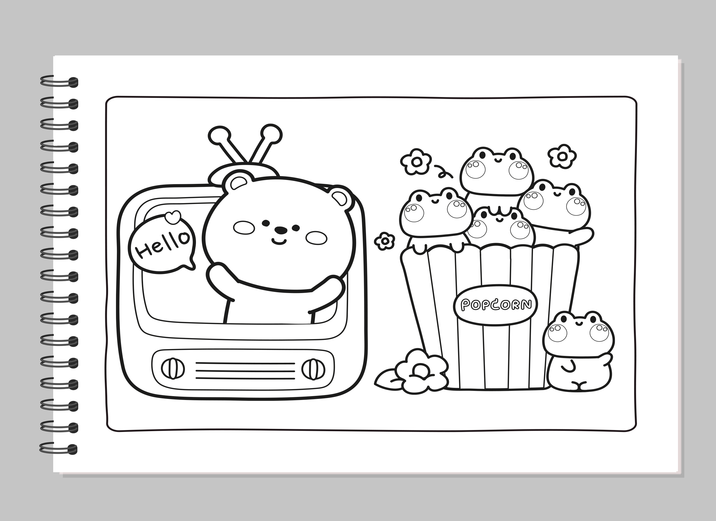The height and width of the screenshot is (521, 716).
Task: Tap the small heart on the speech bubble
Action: coord(173,217)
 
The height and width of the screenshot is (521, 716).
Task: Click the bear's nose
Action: coord(280,230)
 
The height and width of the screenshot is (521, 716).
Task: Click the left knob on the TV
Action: coord(173,368)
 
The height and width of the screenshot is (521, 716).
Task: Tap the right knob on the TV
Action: coord(313,369)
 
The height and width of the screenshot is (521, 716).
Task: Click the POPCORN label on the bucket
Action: coord(496,305)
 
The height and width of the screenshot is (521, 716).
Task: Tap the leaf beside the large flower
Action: coord(387,380)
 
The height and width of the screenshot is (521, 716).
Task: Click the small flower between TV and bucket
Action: coord(384,241)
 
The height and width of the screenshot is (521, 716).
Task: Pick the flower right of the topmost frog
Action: coord(562,156)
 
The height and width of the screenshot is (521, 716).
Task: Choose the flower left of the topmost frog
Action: coord(416,162)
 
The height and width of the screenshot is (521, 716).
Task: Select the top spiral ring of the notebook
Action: coord(59,82)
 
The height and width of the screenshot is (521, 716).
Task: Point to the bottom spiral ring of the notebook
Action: coord(59,449)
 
